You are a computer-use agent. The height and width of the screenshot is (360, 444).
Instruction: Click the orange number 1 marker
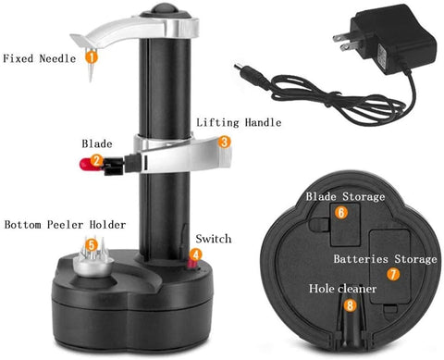(x=92, y=57)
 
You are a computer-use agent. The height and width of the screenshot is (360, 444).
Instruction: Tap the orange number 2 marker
(x=96, y=160)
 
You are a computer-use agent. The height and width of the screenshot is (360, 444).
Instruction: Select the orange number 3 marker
(x=225, y=142)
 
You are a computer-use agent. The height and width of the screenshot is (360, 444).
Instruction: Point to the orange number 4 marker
(x=196, y=254)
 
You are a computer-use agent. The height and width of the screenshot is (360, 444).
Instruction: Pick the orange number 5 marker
(x=92, y=245)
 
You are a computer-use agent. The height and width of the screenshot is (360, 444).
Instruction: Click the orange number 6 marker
(x=341, y=212)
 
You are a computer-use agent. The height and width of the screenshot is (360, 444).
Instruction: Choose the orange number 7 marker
(x=393, y=274)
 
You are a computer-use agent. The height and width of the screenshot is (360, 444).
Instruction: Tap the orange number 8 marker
(x=350, y=305)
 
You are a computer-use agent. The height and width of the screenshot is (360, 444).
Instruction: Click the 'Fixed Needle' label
(x=39, y=58)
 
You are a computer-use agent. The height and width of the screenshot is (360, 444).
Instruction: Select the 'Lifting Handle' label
(x=239, y=122)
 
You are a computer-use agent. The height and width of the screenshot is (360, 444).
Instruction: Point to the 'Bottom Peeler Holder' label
(x=65, y=225)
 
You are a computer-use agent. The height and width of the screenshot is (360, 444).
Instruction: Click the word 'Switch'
(x=214, y=239)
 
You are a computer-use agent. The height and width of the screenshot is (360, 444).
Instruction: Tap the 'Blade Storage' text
(x=345, y=196)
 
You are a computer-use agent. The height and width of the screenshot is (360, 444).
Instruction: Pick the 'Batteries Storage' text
(x=385, y=259)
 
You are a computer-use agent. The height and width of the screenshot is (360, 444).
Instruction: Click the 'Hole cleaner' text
(x=342, y=289)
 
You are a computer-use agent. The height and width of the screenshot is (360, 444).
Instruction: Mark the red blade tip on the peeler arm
(x=85, y=163)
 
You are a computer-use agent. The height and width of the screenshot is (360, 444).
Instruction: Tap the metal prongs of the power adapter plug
(x=342, y=43)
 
